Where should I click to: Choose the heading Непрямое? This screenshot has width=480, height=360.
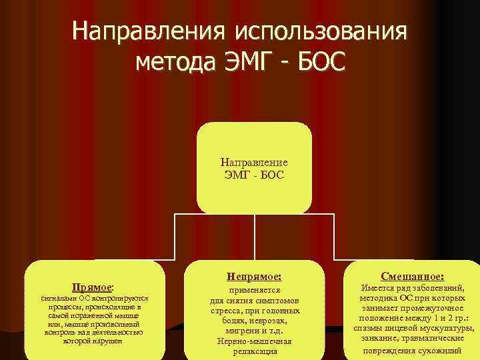(254, 275)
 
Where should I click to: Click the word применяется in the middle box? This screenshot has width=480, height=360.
(254, 291)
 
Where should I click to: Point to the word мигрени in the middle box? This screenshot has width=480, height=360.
(237, 331)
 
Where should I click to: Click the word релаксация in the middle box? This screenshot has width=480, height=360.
(254, 351)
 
